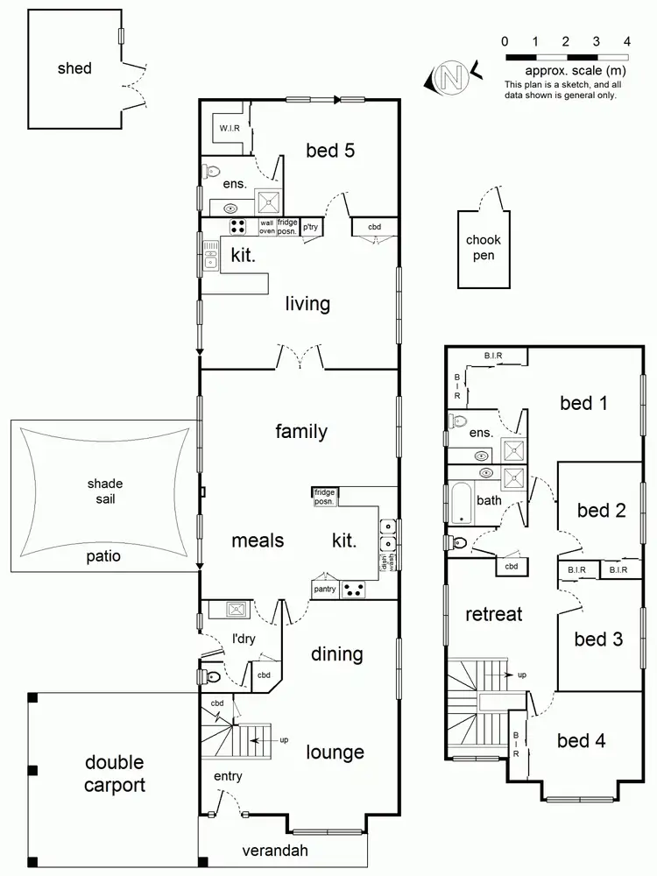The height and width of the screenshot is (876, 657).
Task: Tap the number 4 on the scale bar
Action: tap(626, 41)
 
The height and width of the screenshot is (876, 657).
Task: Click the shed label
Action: tap(74, 68)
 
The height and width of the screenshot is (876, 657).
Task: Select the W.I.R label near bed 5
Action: tap(230, 129)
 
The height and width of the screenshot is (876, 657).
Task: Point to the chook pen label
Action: tap(483, 248)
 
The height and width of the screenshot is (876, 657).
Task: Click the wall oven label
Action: tap(267, 228)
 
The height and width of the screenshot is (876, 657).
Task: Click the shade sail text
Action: tap(105, 491)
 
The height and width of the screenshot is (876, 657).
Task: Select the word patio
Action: tap(103, 555)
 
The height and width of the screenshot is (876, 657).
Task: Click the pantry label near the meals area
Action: tap(325, 590)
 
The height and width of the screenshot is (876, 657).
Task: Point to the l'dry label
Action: tap(243, 639)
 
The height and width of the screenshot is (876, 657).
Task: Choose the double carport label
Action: tap(115, 774)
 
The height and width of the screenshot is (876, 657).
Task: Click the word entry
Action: tap(228, 776)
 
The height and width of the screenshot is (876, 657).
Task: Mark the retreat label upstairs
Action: tap(494, 614)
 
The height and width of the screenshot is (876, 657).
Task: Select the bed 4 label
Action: tap(582, 741)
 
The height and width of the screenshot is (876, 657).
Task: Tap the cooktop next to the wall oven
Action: tap(238, 227)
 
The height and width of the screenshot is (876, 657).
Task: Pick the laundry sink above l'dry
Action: tap(236, 608)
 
